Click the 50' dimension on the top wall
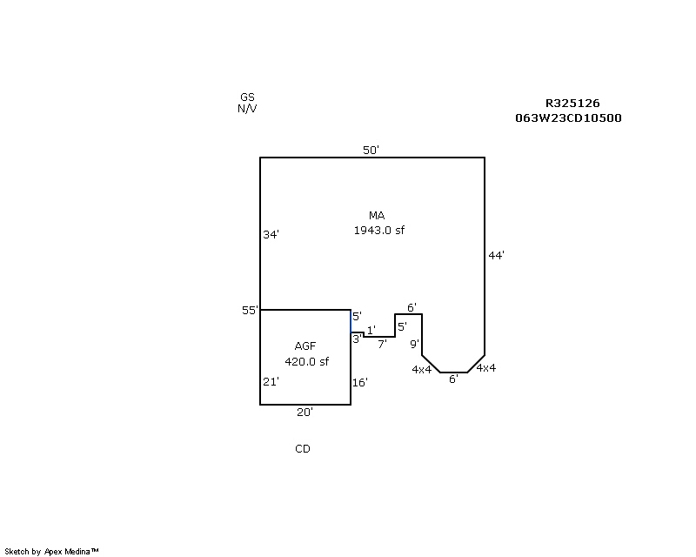[x=371, y=151]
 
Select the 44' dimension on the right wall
[x=496, y=255]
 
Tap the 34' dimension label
[x=271, y=234]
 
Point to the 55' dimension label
[x=250, y=311]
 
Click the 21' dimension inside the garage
[x=271, y=381]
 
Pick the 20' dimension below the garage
[x=304, y=413]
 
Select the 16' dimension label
[x=360, y=382]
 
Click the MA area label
[x=377, y=215]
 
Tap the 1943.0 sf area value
[x=378, y=231]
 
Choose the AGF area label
[x=305, y=346]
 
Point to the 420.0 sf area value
[x=306, y=362]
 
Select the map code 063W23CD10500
[x=568, y=118]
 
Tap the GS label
[x=247, y=97]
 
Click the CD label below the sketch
[x=302, y=449]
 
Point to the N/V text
[x=247, y=109]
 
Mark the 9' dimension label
[x=414, y=344]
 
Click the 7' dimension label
[x=382, y=344]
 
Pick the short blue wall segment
[x=351, y=321]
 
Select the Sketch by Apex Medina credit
[x=52, y=551]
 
